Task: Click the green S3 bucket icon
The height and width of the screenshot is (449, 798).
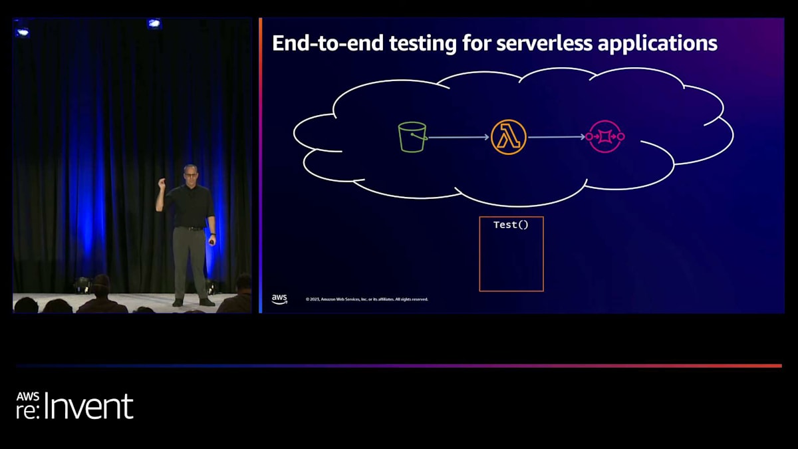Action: pyautogui.click(x=412, y=137)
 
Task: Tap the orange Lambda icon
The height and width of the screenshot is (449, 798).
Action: pyautogui.click(x=509, y=137)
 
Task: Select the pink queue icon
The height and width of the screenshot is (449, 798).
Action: pyautogui.click(x=605, y=136)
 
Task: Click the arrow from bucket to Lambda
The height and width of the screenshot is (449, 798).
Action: pyautogui.click(x=459, y=138)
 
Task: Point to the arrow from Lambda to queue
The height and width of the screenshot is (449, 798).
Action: pyautogui.click(x=557, y=137)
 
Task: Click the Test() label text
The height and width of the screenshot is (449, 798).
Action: pyautogui.click(x=511, y=225)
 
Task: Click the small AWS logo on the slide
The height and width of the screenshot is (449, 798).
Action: pyautogui.click(x=279, y=299)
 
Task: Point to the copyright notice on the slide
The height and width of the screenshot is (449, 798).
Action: pyautogui.click(x=366, y=299)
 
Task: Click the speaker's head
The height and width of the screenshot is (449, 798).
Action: pyautogui.click(x=190, y=172)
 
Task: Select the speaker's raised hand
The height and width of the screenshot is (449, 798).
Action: pyautogui.click(x=161, y=183)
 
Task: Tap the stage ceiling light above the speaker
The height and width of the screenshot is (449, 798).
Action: pyautogui.click(x=154, y=23)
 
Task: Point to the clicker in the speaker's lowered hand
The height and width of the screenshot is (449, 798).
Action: pyautogui.click(x=212, y=242)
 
